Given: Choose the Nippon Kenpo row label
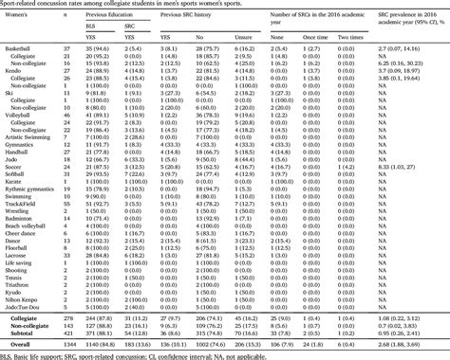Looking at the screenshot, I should pyautogui.click(x=25, y=312).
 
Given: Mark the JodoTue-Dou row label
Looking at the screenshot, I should pyautogui.click(x=24, y=319).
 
